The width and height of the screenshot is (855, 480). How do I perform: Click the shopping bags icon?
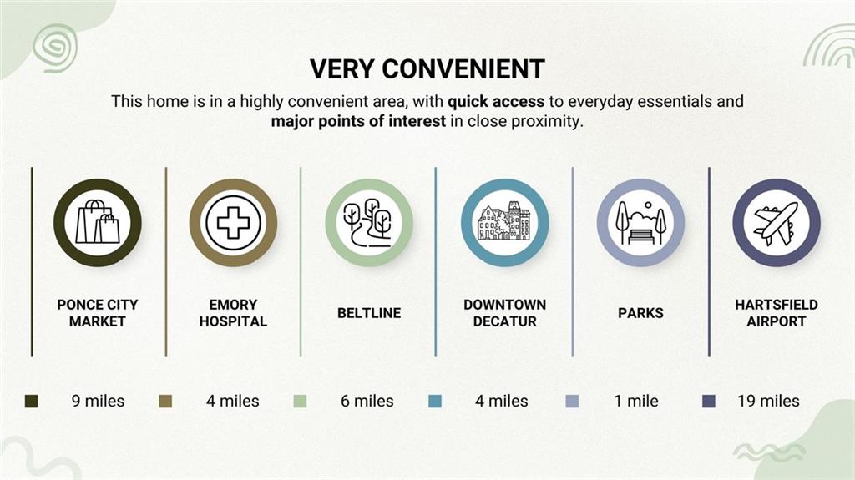[98, 222]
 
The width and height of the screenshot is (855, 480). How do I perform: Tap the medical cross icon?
[234, 223]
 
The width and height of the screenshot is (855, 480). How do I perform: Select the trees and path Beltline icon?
[368, 223]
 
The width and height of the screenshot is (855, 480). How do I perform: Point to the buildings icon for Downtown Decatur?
[504, 221]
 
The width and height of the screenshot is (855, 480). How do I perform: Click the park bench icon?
[640, 223]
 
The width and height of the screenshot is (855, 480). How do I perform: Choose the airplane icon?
[776, 223]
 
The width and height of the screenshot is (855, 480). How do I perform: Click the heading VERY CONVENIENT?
[427, 69]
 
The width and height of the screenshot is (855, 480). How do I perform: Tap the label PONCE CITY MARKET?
[98, 312]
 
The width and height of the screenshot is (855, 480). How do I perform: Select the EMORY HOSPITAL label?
[234, 312]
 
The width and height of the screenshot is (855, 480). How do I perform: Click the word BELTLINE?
[369, 312]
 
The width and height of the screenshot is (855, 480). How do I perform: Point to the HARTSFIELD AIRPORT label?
[777, 312]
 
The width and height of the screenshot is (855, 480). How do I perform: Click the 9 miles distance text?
[99, 401]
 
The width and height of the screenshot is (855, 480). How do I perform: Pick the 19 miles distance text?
[768, 401]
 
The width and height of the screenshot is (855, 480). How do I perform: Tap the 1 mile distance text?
[636, 401]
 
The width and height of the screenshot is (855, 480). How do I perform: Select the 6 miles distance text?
[367, 401]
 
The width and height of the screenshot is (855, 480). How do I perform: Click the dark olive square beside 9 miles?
[32, 402]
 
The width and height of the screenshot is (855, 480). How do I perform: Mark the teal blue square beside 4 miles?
[435, 402]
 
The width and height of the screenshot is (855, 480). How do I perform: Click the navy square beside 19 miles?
[709, 402]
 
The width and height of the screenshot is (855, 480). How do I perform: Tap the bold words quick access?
[496, 102]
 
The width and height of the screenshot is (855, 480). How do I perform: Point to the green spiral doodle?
[55, 48]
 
